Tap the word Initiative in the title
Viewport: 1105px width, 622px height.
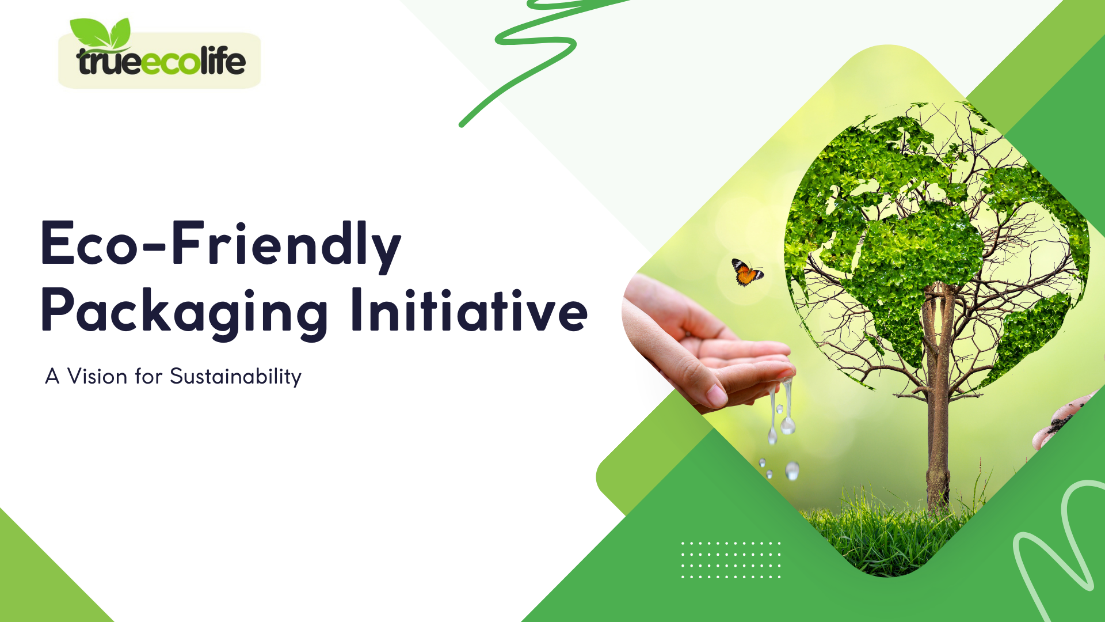click(469, 311)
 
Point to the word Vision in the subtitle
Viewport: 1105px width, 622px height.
click(97, 377)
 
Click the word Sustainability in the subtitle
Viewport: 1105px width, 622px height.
click(235, 377)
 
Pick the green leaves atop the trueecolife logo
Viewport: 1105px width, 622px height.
click(101, 33)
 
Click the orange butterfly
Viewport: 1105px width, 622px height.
click(747, 272)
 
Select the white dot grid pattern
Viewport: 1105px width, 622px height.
click(731, 560)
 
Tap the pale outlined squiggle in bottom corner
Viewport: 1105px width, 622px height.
click(1059, 547)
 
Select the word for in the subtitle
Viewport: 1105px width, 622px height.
click(148, 377)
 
